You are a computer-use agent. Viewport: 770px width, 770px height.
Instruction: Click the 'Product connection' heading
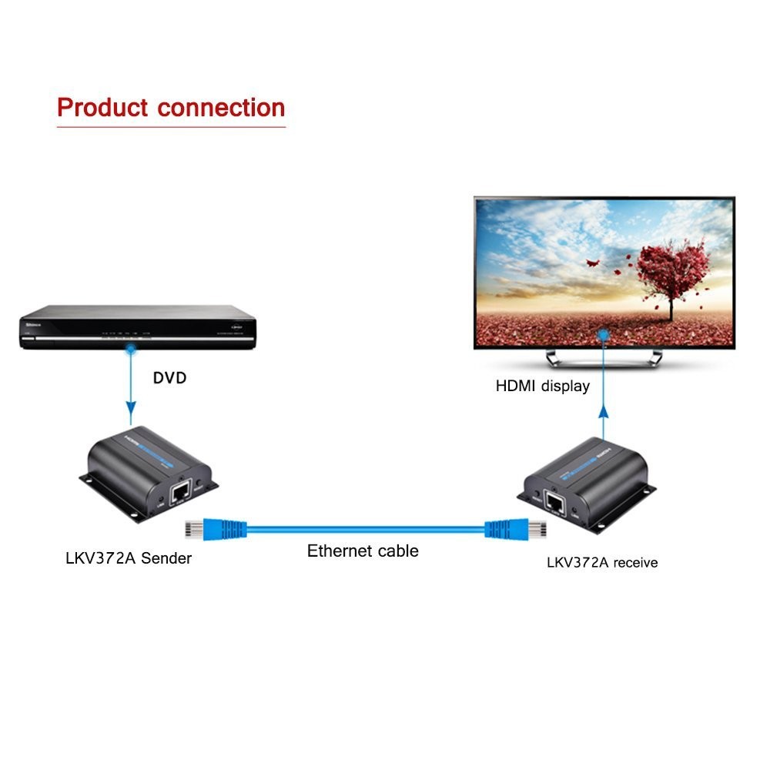[x=171, y=107]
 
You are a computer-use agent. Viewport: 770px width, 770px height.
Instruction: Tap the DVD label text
[x=170, y=378]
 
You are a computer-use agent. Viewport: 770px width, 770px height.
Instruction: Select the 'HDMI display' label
[x=543, y=386]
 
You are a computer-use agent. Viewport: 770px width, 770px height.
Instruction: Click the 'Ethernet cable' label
[x=363, y=551]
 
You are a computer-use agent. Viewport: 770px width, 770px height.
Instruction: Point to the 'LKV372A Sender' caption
[x=129, y=558]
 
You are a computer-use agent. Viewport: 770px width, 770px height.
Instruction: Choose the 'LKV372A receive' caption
[x=602, y=563]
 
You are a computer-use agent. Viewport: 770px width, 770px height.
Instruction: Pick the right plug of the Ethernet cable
[x=531, y=529]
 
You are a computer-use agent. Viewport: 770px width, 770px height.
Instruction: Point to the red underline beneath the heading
[x=171, y=126]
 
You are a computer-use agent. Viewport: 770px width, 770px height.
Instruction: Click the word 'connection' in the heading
[x=221, y=107]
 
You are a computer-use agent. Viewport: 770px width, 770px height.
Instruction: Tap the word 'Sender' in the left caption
[x=166, y=558]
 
